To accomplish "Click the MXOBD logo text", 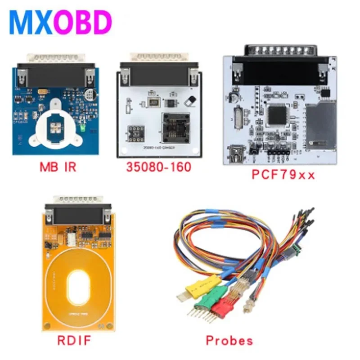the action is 60,22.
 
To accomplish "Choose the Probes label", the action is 229,340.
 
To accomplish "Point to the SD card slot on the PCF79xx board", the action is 321,124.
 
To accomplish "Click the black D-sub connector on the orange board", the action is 77,216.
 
